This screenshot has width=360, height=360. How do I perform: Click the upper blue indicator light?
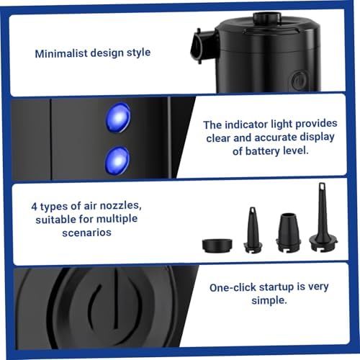[x=118, y=117]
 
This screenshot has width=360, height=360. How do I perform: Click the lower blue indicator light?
[x=117, y=159]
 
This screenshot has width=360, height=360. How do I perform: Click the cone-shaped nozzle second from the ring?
[x=253, y=230]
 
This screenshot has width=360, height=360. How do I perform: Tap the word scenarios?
[x=74, y=231]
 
